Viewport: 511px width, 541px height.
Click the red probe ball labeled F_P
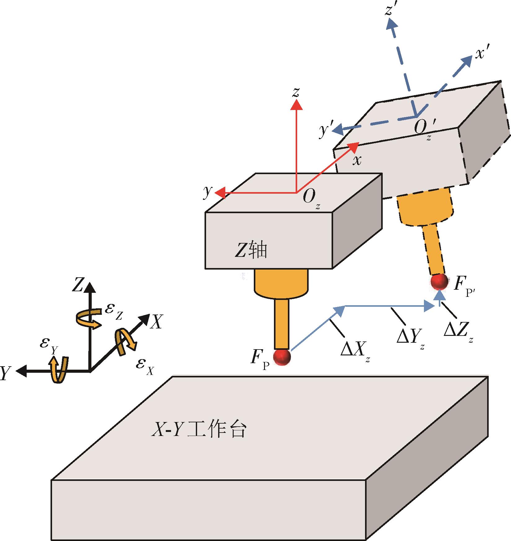pyautogui.click(x=282, y=357)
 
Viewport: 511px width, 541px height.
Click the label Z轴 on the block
pyautogui.click(x=250, y=251)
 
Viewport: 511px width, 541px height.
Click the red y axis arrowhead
pyautogui.click(x=219, y=193)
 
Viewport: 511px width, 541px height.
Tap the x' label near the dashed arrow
pyautogui.click(x=481, y=54)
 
